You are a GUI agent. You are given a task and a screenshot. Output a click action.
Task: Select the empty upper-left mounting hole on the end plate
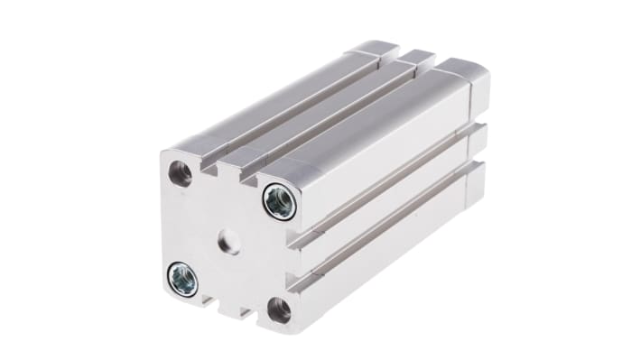point(181,173)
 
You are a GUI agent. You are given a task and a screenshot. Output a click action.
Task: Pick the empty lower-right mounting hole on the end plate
point(279,309)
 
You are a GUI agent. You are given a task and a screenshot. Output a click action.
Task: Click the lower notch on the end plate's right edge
point(294,282)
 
